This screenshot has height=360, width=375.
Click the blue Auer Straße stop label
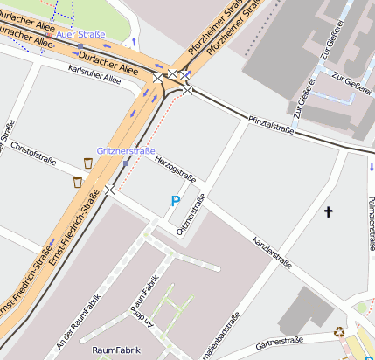click(x=80, y=34)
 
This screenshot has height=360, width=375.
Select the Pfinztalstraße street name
click(x=270, y=123)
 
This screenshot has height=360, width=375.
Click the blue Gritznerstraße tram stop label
click(x=126, y=151)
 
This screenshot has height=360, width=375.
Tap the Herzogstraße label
click(x=176, y=169)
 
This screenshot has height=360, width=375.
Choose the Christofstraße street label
click(x=33, y=153)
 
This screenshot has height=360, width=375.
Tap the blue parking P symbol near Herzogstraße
click(x=175, y=201)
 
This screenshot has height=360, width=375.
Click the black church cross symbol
click(x=329, y=211)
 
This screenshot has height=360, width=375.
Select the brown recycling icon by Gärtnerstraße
click(x=339, y=331)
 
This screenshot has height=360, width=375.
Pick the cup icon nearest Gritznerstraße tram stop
click(x=88, y=163)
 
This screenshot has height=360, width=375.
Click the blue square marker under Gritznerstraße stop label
click(x=127, y=163)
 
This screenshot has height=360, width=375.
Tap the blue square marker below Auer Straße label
click(x=80, y=46)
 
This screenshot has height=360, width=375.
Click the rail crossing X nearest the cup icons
click(x=109, y=190)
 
